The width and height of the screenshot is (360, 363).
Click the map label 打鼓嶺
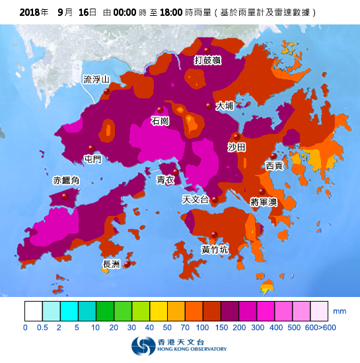point(207,61)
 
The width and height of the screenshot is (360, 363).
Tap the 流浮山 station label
point(96,80)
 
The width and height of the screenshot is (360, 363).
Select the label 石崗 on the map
point(160,121)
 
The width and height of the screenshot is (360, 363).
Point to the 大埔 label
point(225,106)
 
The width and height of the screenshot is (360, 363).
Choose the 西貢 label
point(274,166)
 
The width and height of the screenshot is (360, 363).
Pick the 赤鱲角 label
point(66,181)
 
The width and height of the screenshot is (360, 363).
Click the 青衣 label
point(165,180)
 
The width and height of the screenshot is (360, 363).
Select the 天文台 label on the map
point(196,199)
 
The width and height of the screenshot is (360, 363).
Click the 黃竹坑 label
point(215,249)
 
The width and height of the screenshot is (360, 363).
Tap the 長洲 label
point(112,264)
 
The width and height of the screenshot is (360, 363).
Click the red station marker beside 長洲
point(127,265)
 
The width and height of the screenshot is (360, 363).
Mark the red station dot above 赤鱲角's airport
point(65,196)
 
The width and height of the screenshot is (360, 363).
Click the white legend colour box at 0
point(34,311)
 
